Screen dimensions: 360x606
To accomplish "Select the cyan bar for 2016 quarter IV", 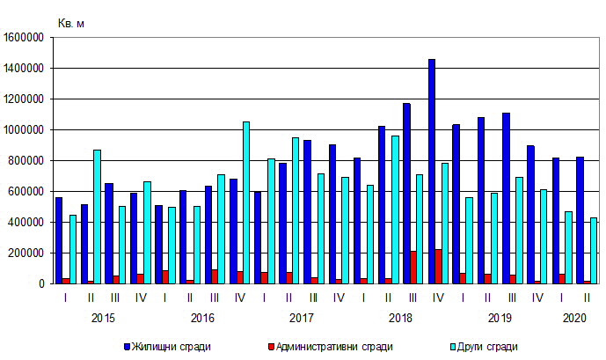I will pos(246,202).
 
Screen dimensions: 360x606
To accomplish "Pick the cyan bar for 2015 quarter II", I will pos(97,217).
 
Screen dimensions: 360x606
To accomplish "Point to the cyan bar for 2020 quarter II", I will pos(594,250).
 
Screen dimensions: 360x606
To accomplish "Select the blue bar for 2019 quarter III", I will pos(507,198).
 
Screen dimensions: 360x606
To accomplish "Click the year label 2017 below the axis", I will pos(302,317).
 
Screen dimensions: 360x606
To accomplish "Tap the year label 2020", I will pos(574,317).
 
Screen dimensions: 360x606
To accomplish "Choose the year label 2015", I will pos(103,317).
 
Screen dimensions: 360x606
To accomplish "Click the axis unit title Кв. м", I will pos(70,23).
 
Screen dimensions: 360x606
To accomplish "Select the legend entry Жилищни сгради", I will pos(172,347).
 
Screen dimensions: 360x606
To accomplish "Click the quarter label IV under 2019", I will pos(537,298).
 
